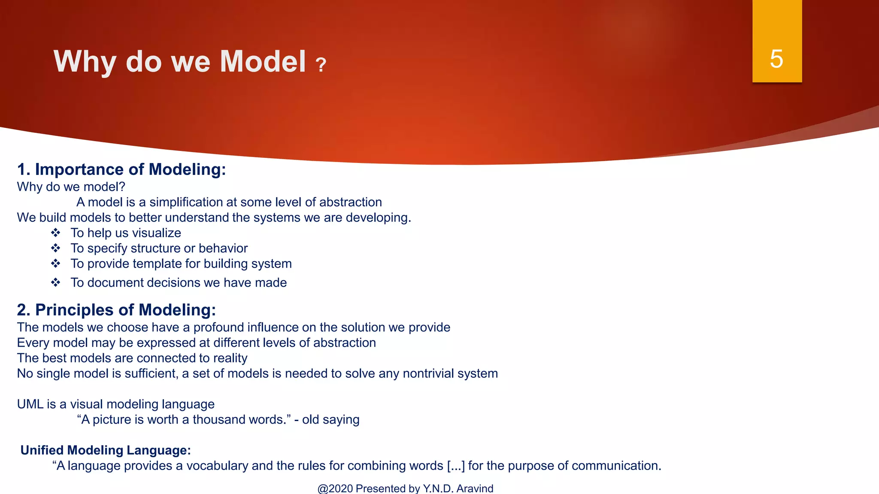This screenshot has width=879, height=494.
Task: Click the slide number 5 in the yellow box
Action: pyautogui.click(x=776, y=59)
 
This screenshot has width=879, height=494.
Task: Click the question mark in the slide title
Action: pyautogui.click(x=321, y=65)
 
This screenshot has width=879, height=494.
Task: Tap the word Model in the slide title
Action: pyautogui.click(x=263, y=61)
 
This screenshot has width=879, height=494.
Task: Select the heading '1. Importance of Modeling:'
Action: pyautogui.click(x=121, y=169)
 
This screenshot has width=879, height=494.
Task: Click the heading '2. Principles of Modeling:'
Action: pyautogui.click(x=116, y=310)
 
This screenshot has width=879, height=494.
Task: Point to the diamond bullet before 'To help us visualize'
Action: pyautogui.click(x=56, y=233)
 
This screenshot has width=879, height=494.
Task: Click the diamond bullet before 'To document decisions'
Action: pyautogui.click(x=56, y=283)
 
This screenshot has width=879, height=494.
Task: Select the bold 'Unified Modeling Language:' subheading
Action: pyautogui.click(x=106, y=450)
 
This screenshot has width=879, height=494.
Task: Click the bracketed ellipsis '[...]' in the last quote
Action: pyautogui.click(x=456, y=466)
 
